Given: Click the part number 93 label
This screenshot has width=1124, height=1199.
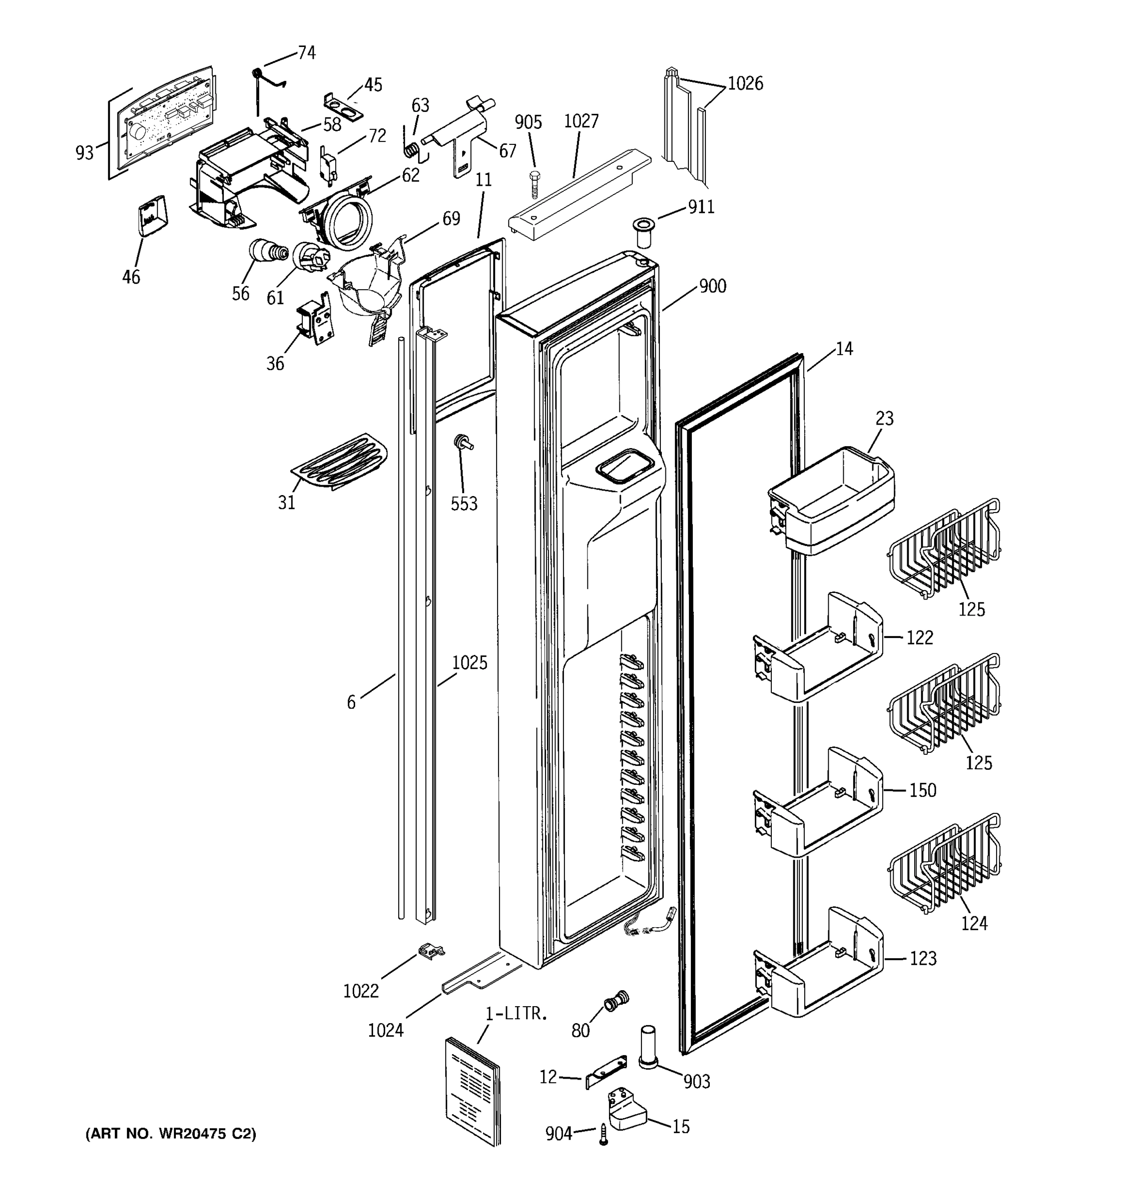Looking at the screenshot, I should click(84, 152).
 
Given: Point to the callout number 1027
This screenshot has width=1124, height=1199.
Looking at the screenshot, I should click(580, 121).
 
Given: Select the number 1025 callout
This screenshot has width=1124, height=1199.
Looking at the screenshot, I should click(469, 663).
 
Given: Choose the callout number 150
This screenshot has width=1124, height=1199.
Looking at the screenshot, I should click(922, 790).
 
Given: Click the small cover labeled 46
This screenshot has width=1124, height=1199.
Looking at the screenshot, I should click(151, 216).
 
